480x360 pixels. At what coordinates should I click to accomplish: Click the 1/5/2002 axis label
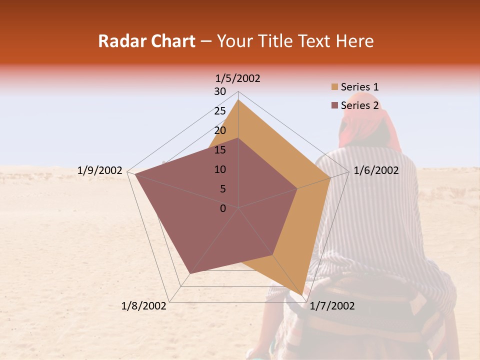[x=238, y=78]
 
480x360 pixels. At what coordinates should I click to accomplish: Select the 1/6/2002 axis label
[x=376, y=170]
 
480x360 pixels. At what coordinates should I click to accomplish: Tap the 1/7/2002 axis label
[x=332, y=306]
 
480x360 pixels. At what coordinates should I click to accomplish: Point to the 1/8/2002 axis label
[x=144, y=306]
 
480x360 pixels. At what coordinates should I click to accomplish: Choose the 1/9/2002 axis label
[x=100, y=170]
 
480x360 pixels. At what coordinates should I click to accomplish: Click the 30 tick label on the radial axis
[x=220, y=91]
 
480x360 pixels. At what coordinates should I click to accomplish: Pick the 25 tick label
[x=220, y=111]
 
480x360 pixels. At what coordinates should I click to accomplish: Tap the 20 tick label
[x=220, y=130]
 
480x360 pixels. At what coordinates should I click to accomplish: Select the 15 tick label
[x=220, y=150]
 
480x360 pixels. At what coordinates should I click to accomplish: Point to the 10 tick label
[x=220, y=169]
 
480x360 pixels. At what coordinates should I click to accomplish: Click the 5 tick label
[x=223, y=189]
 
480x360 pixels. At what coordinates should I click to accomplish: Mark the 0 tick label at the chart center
[x=223, y=208]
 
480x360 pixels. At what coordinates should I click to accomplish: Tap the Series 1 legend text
[x=359, y=87]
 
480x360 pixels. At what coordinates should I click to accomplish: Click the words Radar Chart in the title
[x=146, y=41]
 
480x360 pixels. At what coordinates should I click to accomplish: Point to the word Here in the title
[x=354, y=41]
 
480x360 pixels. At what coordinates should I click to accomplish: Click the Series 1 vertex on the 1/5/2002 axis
[x=238, y=100]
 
